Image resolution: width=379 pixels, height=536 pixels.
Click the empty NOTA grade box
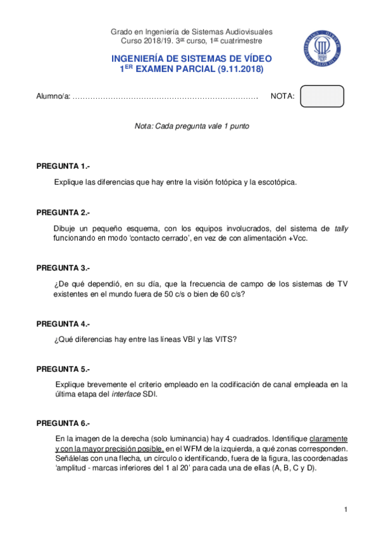click(322, 97)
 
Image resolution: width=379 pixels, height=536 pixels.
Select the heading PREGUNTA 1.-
click(63, 166)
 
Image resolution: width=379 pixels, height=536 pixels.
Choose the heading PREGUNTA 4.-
click(63, 324)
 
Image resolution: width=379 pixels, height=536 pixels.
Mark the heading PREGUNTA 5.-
click(63, 368)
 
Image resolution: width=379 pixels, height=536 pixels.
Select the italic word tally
click(341, 228)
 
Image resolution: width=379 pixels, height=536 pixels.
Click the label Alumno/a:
click(53, 97)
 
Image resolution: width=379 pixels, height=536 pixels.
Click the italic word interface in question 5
click(126, 394)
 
